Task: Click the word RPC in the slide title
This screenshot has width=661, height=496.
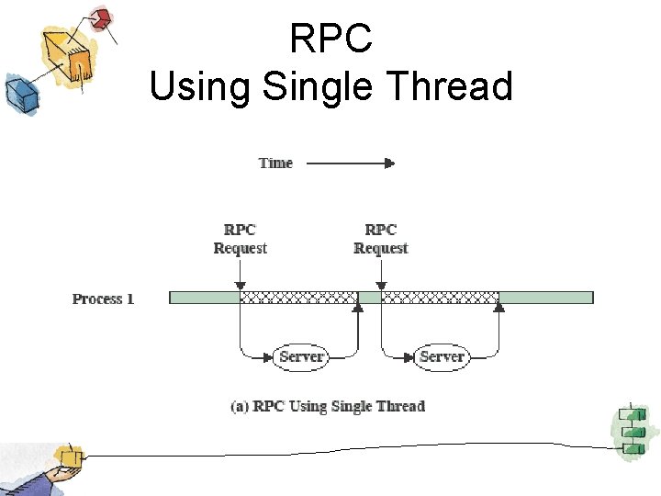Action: point(330,39)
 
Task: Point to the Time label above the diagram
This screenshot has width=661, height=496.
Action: point(275,163)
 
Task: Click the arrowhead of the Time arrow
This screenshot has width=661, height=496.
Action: point(390,163)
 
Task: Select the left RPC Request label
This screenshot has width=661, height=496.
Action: point(240,239)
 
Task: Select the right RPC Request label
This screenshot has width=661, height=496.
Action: point(381,239)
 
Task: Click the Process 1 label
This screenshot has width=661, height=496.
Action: point(103,299)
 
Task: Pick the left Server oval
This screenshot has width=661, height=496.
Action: point(300,356)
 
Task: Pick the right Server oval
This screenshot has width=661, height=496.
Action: point(442,356)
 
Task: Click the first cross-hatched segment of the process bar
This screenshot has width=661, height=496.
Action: point(298,298)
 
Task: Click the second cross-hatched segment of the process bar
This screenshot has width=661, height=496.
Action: point(440,298)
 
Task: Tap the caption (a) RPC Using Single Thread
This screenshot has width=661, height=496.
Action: point(328,406)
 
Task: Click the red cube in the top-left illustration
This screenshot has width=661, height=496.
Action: point(100,17)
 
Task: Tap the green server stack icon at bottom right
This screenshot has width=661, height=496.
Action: point(631,430)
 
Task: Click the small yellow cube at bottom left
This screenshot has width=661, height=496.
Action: point(69,456)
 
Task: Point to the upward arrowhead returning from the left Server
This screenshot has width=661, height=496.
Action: point(358,309)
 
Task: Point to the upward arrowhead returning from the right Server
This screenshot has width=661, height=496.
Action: point(499,309)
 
